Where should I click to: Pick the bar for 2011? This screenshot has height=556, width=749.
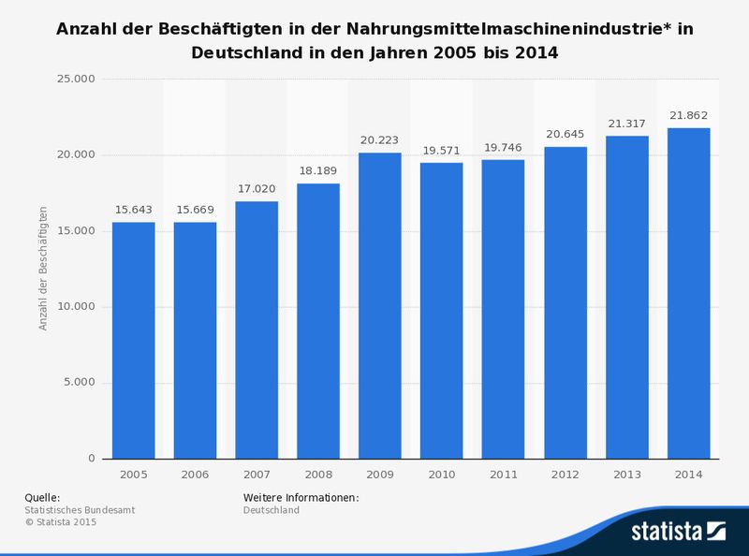coord(503,309)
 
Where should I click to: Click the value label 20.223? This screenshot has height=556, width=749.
coord(379,141)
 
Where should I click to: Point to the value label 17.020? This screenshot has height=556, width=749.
coord(257,190)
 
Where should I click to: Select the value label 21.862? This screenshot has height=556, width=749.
coord(688,116)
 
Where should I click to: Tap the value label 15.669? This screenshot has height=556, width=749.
coord(195,211)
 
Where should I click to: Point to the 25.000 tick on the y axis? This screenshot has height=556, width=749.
coord(77,79)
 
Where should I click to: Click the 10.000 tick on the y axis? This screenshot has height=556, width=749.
coord(77,307)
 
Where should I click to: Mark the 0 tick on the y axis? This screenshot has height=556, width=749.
coord(92,459)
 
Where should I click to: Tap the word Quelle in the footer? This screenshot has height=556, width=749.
coord(41,497)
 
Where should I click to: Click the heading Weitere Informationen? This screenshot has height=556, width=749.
coord(301,497)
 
